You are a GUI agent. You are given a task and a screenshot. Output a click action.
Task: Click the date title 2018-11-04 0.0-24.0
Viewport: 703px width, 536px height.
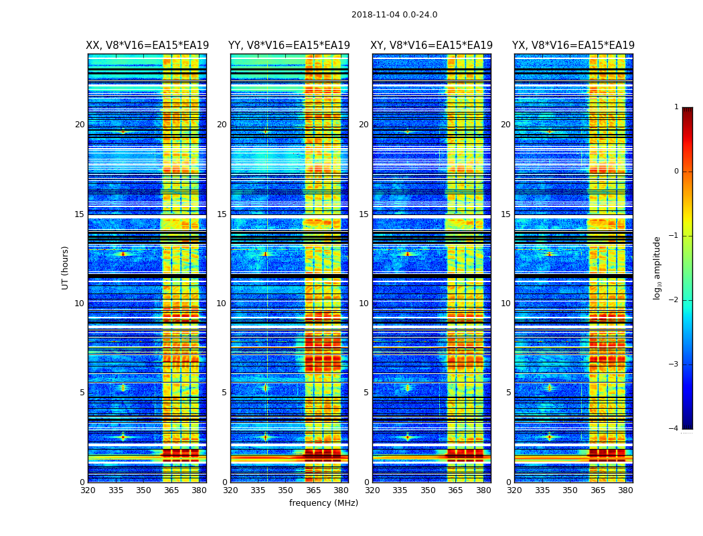click(x=394, y=15)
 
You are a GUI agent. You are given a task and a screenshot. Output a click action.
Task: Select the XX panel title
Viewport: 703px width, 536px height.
click(x=147, y=46)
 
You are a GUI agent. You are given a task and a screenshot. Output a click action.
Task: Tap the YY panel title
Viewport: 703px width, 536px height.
click(x=289, y=46)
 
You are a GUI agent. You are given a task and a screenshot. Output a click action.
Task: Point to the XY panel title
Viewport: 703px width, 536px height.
click(x=432, y=46)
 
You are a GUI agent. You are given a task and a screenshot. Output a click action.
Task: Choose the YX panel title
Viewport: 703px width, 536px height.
click(x=574, y=46)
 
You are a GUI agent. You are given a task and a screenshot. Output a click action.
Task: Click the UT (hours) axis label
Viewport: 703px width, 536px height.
click(x=66, y=267)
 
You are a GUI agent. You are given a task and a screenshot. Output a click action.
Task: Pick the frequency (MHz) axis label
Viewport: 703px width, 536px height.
click(x=323, y=503)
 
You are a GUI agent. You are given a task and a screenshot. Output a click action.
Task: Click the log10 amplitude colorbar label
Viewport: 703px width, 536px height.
click(x=657, y=267)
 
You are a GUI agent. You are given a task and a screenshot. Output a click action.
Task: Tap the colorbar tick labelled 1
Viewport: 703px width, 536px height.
click(x=676, y=107)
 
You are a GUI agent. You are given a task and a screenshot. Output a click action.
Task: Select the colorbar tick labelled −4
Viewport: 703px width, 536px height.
click(x=675, y=429)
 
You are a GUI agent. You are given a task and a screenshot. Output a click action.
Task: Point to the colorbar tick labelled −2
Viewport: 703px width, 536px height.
click(x=675, y=300)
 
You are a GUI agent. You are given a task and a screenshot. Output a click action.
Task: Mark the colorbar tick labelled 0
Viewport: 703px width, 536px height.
click(x=676, y=172)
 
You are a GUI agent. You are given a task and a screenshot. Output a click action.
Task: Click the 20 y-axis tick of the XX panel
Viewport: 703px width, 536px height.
click(x=80, y=125)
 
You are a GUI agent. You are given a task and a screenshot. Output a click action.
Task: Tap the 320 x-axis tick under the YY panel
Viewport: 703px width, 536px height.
click(x=230, y=490)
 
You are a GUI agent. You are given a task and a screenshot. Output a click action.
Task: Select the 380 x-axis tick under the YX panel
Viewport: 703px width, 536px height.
click(x=625, y=490)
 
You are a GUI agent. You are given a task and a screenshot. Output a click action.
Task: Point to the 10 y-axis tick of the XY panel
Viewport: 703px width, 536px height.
click(x=364, y=304)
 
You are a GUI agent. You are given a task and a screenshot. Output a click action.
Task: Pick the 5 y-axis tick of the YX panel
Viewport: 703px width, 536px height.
click(x=509, y=393)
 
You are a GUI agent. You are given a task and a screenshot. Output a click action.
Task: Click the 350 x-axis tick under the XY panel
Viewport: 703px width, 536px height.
click(x=428, y=490)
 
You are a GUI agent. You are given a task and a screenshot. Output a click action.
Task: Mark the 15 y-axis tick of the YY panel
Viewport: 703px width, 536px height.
click(x=222, y=214)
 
